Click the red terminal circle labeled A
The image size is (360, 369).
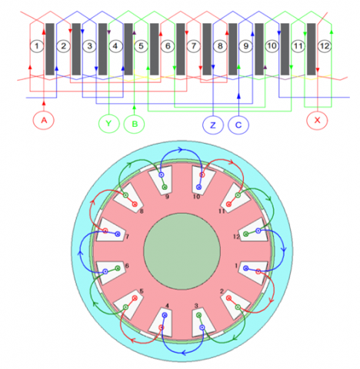[44, 120]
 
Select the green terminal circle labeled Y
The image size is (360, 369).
[109, 124]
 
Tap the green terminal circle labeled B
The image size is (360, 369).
[135, 124]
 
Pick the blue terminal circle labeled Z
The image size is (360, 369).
[213, 125]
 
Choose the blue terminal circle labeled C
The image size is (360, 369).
[238, 125]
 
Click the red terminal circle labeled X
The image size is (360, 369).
[317, 120]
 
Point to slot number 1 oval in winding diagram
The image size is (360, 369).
[37, 46]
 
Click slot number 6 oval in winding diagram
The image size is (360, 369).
[168, 46]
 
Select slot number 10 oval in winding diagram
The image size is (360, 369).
[272, 46]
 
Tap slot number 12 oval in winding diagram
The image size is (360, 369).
[325, 46]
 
